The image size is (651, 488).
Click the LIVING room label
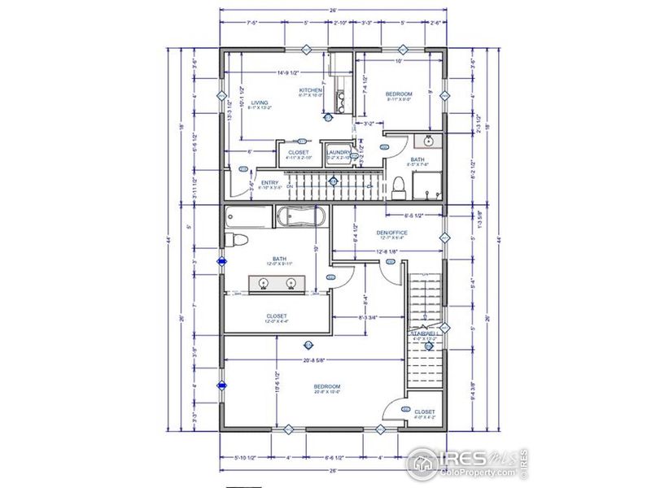click(260, 102)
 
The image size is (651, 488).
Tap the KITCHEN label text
click(311, 89)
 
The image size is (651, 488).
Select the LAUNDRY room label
click(338, 152)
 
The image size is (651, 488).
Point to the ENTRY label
click(269, 182)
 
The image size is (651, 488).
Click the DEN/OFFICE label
click(391, 233)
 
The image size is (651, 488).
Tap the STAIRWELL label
click(425, 333)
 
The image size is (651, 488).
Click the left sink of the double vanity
click(264, 283)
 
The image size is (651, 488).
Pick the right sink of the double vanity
click(291, 283)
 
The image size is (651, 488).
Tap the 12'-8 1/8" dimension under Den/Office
click(387, 252)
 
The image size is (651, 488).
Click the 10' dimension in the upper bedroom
click(399, 62)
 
